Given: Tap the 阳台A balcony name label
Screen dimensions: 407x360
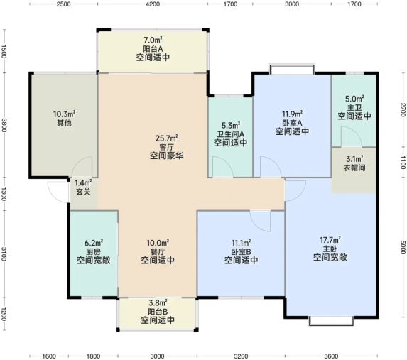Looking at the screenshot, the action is pyautogui.click(x=153, y=48).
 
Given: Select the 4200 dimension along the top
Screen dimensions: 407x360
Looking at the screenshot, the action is pyautogui.click(x=153, y=4).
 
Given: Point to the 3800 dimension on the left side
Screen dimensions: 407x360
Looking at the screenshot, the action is pyautogui.click(x=4, y=125).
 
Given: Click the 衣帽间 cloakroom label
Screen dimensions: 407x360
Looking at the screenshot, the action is pyautogui.click(x=354, y=168).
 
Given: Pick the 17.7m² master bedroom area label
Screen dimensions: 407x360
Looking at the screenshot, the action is pyautogui.click(x=330, y=240).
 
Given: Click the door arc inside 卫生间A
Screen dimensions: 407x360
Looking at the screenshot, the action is pyautogui.click(x=222, y=167).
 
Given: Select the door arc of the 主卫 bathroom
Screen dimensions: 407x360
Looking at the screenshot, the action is pyautogui.click(x=352, y=136).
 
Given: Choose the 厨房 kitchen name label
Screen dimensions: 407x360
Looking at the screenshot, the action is pyautogui.click(x=93, y=251).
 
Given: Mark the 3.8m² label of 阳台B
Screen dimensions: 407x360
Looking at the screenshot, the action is pyautogui.click(x=158, y=302).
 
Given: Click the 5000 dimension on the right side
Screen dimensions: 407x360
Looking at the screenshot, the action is pyautogui.click(x=403, y=247).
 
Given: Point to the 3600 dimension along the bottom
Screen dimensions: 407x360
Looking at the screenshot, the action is pyautogui.click(x=331, y=356).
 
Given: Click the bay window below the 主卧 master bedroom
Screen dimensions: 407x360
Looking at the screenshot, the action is pyautogui.click(x=331, y=321).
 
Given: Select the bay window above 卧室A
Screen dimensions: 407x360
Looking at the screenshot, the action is pyautogui.click(x=292, y=69).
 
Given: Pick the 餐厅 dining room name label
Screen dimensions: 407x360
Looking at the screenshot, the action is pyautogui.click(x=158, y=251).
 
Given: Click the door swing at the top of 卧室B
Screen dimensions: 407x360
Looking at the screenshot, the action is pyautogui.click(x=261, y=221).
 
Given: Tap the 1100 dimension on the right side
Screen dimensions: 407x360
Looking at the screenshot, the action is pyautogui.click(x=403, y=162).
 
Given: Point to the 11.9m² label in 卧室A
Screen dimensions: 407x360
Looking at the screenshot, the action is pyautogui.click(x=292, y=114).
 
